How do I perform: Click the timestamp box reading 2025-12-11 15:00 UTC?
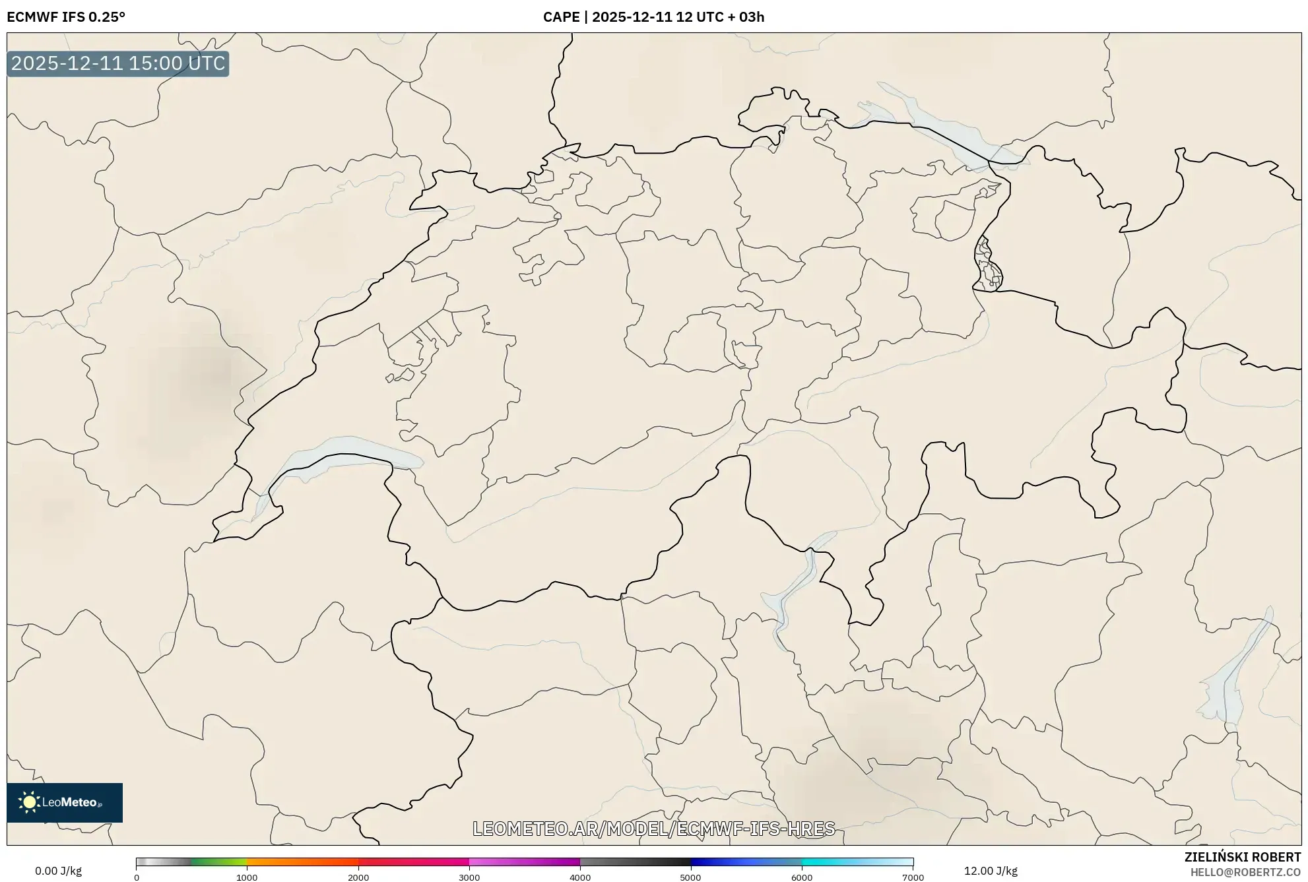(118, 63)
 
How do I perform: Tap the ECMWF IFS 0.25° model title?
(66, 17)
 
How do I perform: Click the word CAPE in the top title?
(561, 17)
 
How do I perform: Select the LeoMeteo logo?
(65, 802)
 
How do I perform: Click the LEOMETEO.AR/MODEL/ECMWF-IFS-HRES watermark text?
(653, 829)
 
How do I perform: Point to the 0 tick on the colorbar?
(137, 877)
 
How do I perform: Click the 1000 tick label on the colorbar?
(247, 877)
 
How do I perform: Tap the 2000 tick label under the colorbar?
(358, 877)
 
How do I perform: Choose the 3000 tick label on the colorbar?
(469, 877)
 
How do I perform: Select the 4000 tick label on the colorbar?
(580, 877)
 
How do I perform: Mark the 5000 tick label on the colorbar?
(690, 877)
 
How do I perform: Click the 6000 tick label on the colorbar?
(802, 877)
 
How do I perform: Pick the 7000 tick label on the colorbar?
(913, 877)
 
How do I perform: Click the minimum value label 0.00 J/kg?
(58, 871)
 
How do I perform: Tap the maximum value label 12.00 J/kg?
(991, 871)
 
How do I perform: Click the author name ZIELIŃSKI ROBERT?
(1243, 857)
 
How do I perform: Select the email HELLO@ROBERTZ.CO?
(1246, 872)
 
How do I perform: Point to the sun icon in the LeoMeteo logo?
(29, 802)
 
